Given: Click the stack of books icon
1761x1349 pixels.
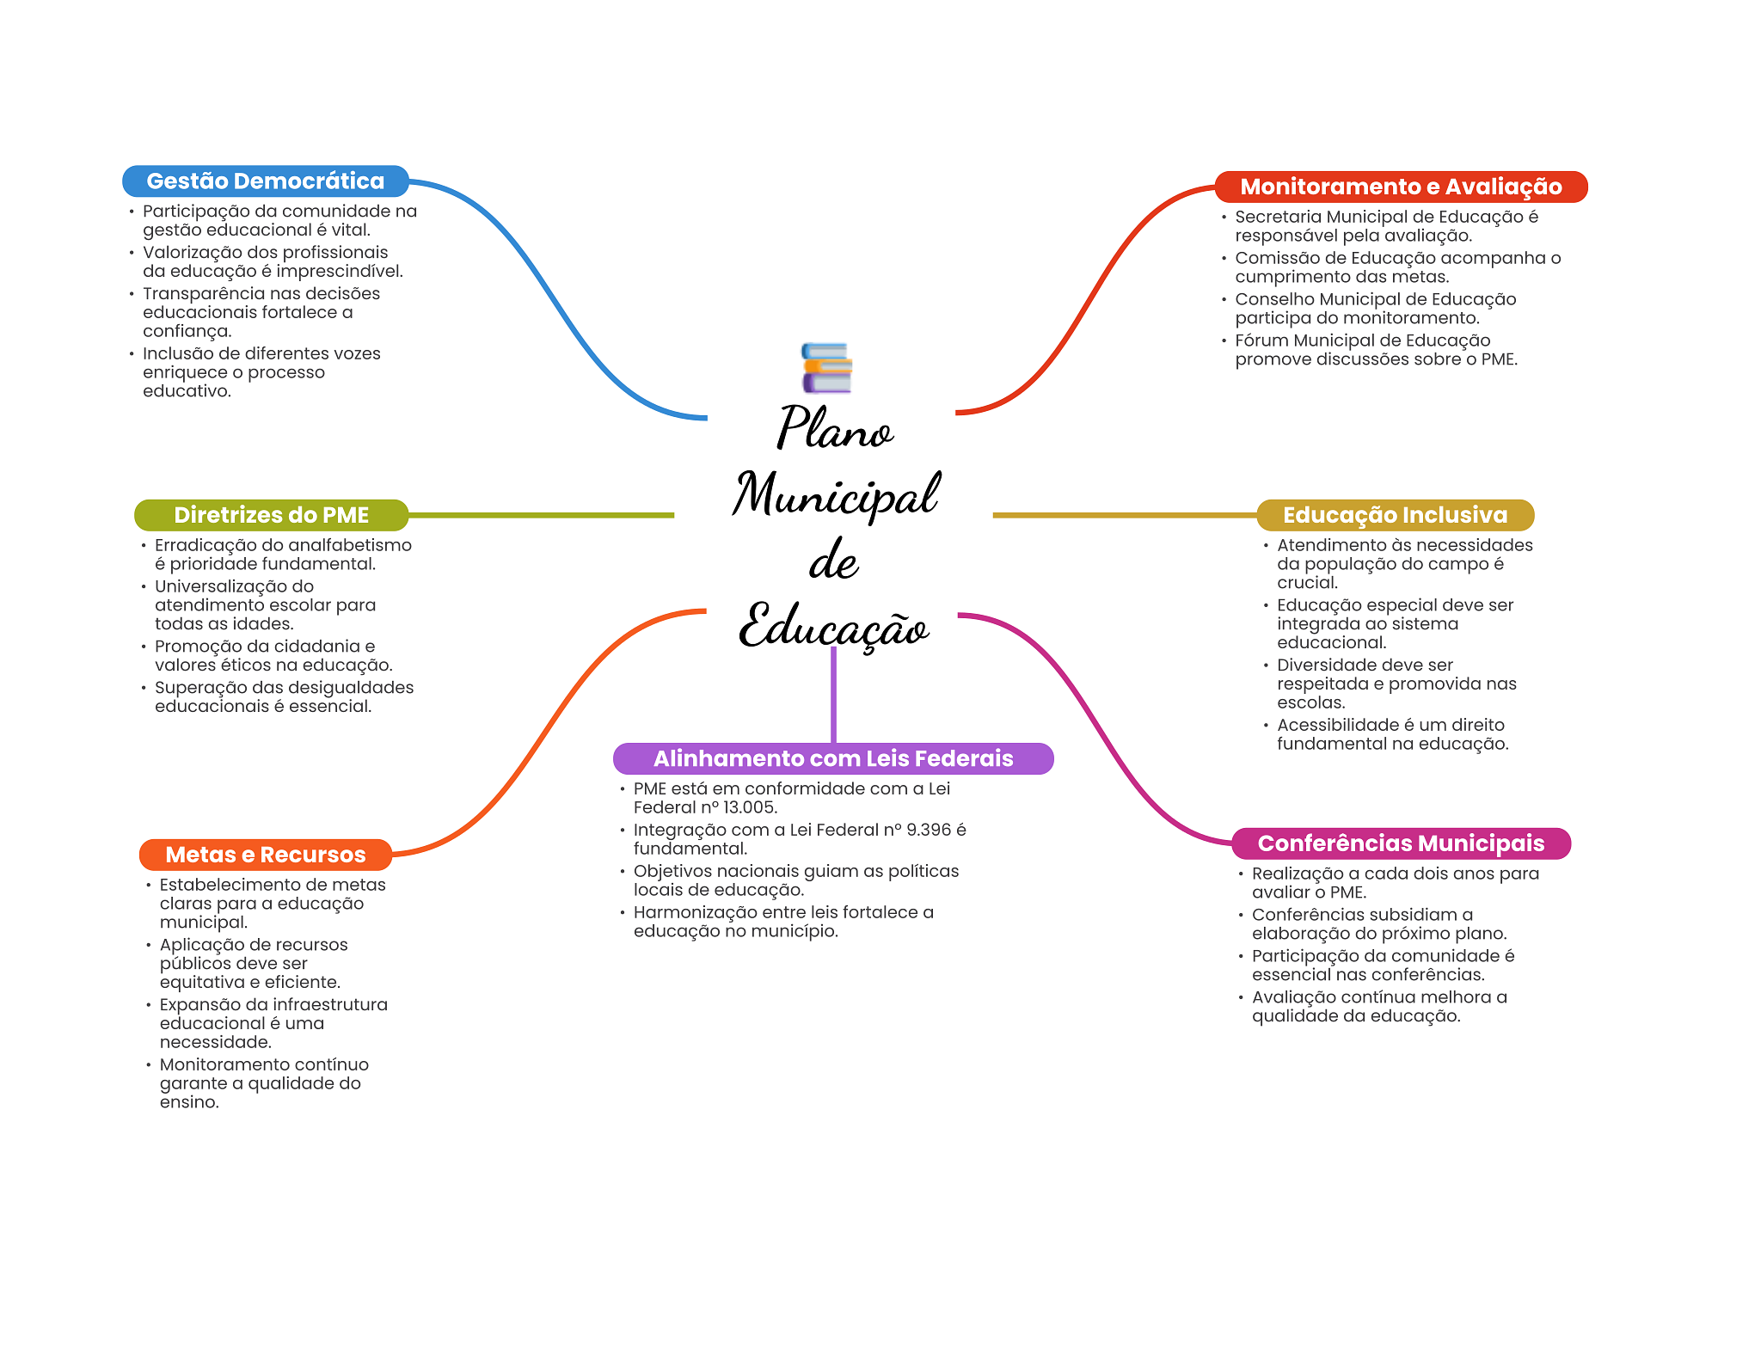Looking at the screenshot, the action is coord(826,368).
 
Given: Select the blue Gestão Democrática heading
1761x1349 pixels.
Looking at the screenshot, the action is coord(265,181).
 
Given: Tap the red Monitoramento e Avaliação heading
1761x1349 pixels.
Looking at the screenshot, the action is coord(1401,187).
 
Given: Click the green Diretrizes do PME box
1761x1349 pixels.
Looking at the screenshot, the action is coord(271,515).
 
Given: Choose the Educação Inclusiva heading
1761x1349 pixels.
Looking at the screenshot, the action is coord(1395,515).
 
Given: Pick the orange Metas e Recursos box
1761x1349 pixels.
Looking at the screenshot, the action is coord(265,855).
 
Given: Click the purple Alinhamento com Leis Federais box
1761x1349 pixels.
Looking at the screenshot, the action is coord(832,758).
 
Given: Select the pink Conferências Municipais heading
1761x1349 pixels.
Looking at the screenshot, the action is coord(1401,843).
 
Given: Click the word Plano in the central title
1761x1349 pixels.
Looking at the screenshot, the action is coord(834,427).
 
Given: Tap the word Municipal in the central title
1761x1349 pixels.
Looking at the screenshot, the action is coord(836,494).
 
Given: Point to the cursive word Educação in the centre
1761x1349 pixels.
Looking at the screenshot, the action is coord(833,626).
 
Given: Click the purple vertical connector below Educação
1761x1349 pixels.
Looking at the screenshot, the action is coord(833,696).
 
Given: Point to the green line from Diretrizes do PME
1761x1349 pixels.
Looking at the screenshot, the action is coord(542,515).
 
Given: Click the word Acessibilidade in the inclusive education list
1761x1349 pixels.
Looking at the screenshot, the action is coord(1333,725).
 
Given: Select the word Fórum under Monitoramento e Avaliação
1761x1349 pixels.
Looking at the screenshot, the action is coord(1261,340).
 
